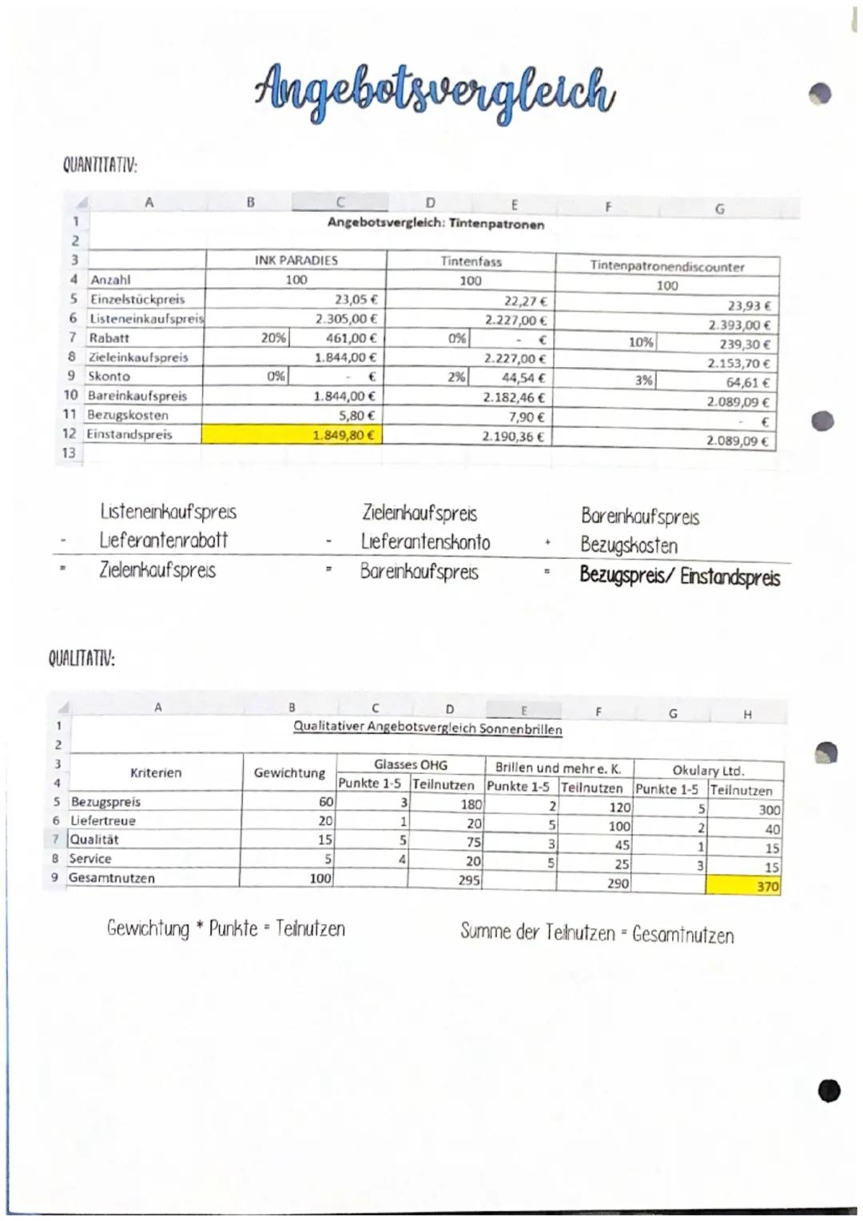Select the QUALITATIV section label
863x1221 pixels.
82,659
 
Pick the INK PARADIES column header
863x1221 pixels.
296,260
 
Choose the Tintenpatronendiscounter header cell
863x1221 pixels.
666,266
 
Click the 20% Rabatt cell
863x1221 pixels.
273,338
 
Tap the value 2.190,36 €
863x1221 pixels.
513,437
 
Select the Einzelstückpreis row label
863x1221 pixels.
137,299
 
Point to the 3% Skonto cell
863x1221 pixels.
643,381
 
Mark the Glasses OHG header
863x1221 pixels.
410,765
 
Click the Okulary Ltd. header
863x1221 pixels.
708,770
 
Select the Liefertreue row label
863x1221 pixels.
103,820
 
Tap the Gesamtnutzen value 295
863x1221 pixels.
469,880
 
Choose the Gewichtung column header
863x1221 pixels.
289,772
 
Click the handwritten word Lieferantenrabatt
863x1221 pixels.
164,541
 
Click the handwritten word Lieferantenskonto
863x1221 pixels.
425,542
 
